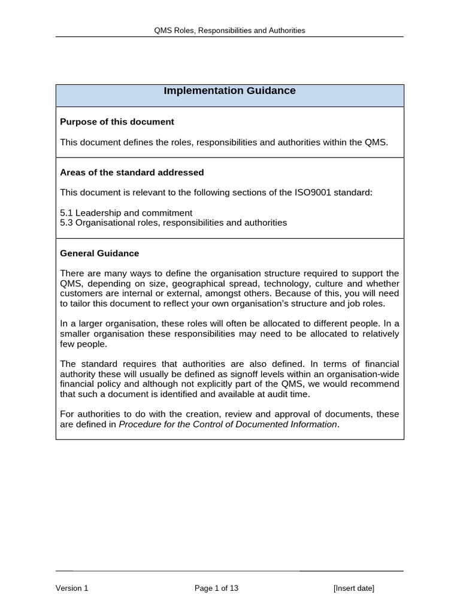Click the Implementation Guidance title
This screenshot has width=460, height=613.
[229, 91]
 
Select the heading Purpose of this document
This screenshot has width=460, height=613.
[117, 122]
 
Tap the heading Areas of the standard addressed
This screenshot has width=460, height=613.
[132, 172]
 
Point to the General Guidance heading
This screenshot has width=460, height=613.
[99, 253]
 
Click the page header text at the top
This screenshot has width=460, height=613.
[229, 30]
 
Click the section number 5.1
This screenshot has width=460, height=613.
[66, 213]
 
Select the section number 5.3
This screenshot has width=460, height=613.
[66, 223]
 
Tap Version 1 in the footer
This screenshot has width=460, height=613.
[72, 588]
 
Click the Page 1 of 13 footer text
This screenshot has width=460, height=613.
[216, 588]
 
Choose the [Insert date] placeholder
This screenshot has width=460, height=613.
[353, 588]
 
